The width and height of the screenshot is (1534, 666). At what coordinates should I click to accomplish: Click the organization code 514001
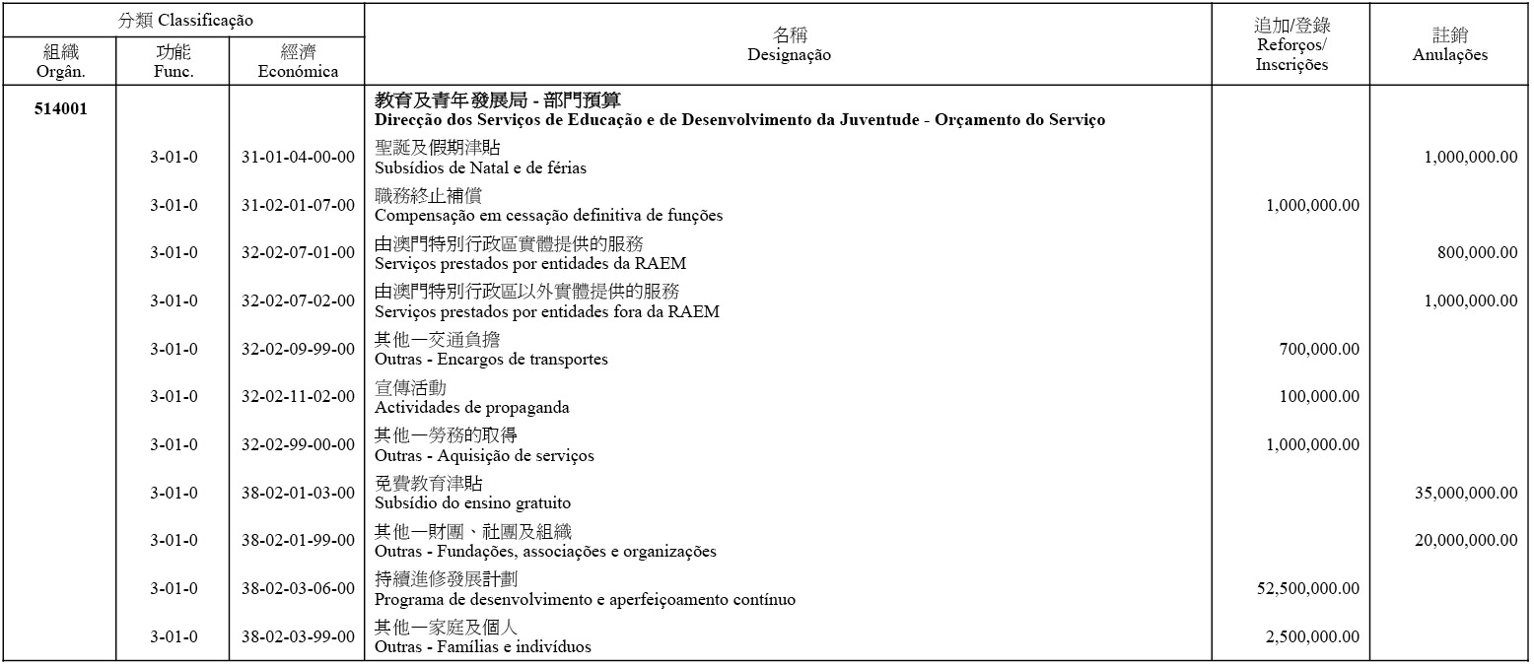point(60,109)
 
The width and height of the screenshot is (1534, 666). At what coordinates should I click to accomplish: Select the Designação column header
point(788,45)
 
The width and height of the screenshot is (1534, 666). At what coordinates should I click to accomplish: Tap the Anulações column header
point(1449,45)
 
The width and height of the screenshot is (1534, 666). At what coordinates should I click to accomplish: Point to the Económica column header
point(298,61)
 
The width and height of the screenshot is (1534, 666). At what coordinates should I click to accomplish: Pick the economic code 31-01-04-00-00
point(298,158)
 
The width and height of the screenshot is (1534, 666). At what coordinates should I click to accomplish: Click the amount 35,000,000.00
point(1466,494)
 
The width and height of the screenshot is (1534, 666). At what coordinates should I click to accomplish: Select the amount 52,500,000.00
point(1308,589)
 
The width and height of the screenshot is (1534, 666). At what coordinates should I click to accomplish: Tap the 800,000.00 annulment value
point(1477,253)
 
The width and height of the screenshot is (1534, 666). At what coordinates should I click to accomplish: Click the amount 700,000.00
point(1319,350)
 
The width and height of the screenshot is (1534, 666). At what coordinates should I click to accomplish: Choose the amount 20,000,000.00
point(1466,541)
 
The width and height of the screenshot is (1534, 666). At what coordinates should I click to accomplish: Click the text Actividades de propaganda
point(472,408)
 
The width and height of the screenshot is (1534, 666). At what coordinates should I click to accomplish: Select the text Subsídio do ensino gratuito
point(472,503)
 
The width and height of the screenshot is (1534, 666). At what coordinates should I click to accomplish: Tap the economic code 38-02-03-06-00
point(298,589)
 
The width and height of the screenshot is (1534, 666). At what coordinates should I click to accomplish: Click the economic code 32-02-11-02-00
point(298,397)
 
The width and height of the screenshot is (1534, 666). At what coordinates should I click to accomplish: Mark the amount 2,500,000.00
point(1312,637)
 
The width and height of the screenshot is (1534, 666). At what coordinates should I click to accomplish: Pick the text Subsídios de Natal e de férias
point(480,168)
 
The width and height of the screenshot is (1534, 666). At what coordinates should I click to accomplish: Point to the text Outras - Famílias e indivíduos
point(483,647)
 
